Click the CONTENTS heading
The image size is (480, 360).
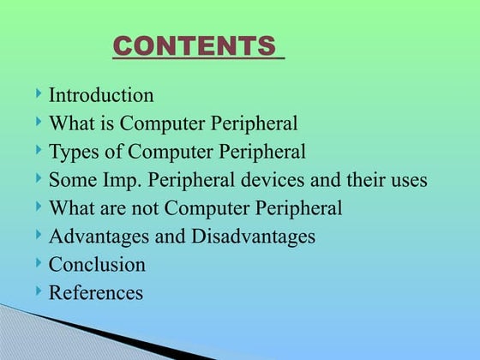tap(198, 45)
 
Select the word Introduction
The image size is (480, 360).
tap(101, 95)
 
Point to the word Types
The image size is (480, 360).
tap(72, 153)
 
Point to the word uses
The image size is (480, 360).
tap(409, 181)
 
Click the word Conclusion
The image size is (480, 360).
tap(97, 264)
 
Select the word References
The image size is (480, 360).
tap(95, 292)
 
